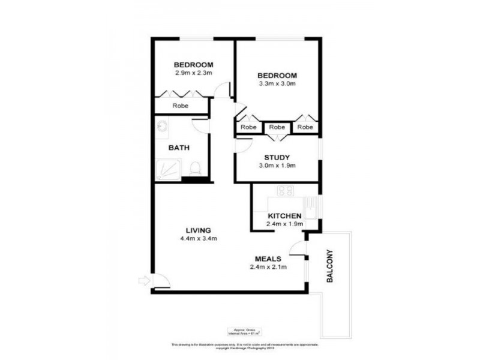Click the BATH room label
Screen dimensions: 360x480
(x=179, y=147)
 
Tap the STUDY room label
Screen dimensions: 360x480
(x=277, y=158)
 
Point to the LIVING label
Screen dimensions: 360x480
(x=198, y=230)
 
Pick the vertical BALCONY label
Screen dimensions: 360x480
(x=329, y=266)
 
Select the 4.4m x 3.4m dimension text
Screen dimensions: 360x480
(x=198, y=238)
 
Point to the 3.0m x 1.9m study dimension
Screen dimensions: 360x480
(x=277, y=166)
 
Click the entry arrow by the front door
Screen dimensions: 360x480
(x=143, y=280)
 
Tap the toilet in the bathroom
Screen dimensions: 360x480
(x=194, y=169)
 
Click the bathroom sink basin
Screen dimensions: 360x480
(x=161, y=127)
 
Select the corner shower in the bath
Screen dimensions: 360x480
(x=167, y=170)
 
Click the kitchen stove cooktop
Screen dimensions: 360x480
(x=285, y=191)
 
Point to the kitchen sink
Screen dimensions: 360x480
(x=312, y=209)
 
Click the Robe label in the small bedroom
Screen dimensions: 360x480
(x=181, y=106)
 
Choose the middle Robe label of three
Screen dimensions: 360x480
(x=277, y=127)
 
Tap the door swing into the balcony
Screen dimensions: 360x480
(x=297, y=248)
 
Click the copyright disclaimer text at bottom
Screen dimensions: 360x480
(x=240, y=346)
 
